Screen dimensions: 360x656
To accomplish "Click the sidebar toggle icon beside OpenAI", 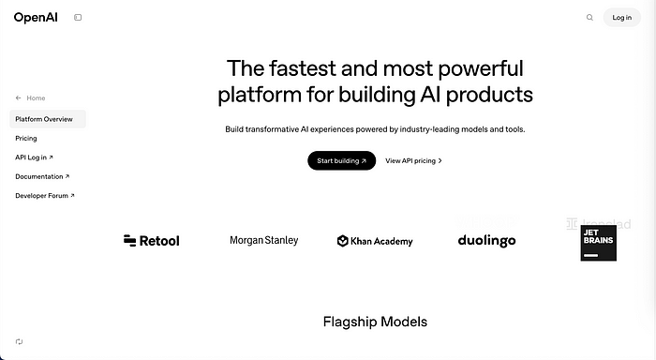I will [78, 17].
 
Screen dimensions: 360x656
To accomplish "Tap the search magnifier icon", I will [589, 17].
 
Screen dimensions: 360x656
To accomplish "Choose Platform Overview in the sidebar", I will [44, 119].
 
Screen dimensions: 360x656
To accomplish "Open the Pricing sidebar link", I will [26, 138].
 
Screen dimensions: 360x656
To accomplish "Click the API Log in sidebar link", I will [34, 157].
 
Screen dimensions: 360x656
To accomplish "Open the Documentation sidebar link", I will [42, 176].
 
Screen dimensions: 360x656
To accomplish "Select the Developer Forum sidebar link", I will [45, 196].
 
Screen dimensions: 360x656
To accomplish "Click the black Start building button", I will [341, 160].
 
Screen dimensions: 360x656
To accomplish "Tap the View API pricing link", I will [413, 160].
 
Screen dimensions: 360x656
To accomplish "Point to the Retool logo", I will [151, 241].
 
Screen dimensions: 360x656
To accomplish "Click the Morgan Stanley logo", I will [264, 241].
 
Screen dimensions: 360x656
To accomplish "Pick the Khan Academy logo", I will [375, 241].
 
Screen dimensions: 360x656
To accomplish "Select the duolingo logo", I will [486, 241].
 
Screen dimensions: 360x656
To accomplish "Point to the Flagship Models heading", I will [375, 322].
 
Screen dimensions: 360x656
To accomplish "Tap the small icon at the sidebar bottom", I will [19, 342].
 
